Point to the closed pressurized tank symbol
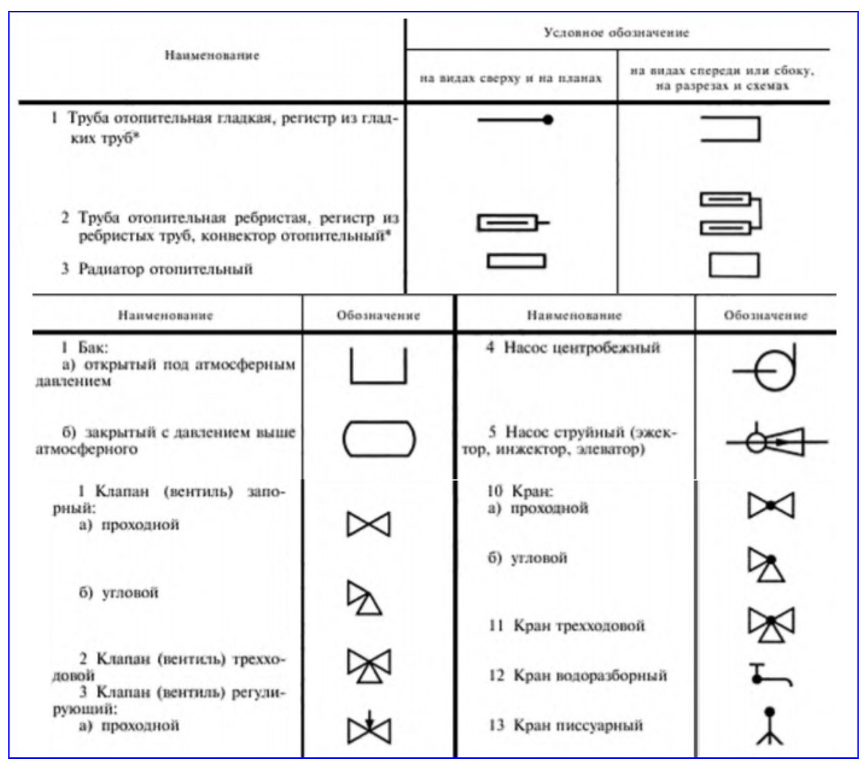379,439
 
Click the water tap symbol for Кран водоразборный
769,675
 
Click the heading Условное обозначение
616,33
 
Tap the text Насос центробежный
582,348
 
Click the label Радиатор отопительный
165,269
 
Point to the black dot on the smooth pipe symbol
548,120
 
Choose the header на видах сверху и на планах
511,78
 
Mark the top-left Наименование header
212,56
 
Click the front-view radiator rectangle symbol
733,265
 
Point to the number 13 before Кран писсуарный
496,725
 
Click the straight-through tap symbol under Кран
770,506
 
